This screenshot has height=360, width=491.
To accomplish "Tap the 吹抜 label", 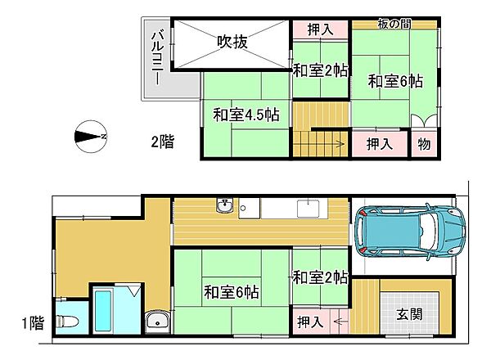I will [232, 40].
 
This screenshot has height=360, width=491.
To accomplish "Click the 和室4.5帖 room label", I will [246, 115].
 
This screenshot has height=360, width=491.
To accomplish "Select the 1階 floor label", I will [30, 323].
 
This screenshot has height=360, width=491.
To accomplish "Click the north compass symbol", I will [90, 136].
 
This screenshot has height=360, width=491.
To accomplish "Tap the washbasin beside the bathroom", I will [156, 322].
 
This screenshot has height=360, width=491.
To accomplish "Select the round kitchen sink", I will [225, 206].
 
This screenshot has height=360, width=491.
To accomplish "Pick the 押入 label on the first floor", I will [309, 322].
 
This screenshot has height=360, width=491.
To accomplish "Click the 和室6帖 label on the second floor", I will [395, 81].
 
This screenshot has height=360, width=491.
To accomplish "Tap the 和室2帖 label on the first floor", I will [320, 277].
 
